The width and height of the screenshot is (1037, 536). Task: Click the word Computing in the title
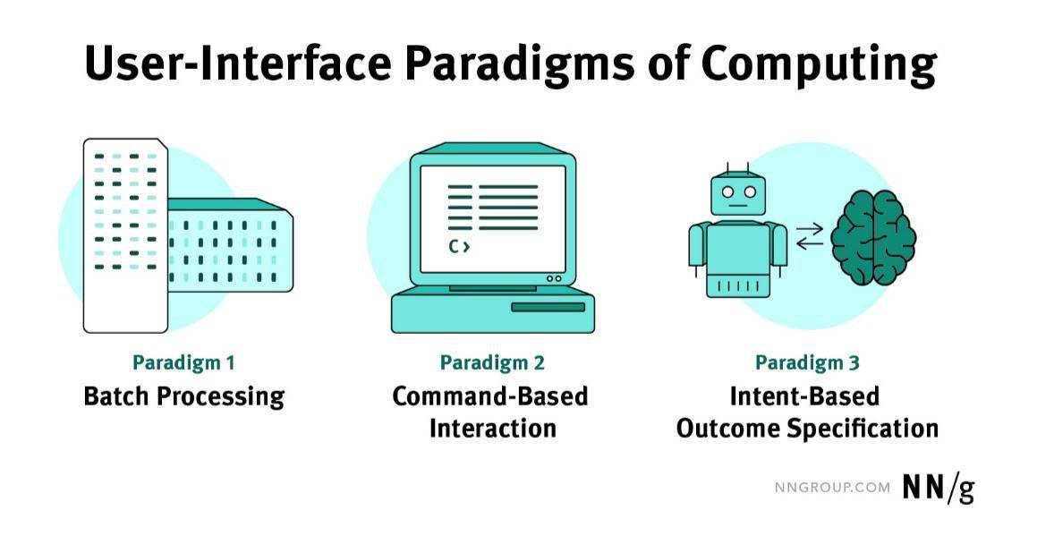pyautogui.click(x=818, y=64)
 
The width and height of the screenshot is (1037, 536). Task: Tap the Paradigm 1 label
pyautogui.click(x=183, y=363)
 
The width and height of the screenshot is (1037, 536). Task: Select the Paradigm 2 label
pyautogui.click(x=492, y=363)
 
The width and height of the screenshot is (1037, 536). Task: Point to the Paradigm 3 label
pyautogui.click(x=807, y=363)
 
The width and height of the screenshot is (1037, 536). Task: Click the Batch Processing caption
pyautogui.click(x=183, y=397)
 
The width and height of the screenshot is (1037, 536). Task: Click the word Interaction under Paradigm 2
pyautogui.click(x=493, y=428)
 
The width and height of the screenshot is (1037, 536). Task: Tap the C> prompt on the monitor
pyautogui.click(x=459, y=247)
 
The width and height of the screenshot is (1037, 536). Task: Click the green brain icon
pyautogui.click(x=873, y=237)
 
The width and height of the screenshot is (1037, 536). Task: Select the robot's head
pyautogui.click(x=738, y=194)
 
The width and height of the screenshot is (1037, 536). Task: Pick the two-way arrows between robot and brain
pyautogui.click(x=810, y=236)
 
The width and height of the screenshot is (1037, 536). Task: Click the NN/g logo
pyautogui.click(x=939, y=489)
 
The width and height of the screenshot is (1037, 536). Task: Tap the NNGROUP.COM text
pyautogui.click(x=833, y=488)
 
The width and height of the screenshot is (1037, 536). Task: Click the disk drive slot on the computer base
pyautogui.click(x=548, y=307)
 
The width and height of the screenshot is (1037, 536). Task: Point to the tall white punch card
pyautogui.click(x=125, y=235)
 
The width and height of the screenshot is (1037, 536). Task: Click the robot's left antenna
pyautogui.click(x=728, y=168)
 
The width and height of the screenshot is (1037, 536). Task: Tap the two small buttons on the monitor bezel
pyautogui.click(x=554, y=278)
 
